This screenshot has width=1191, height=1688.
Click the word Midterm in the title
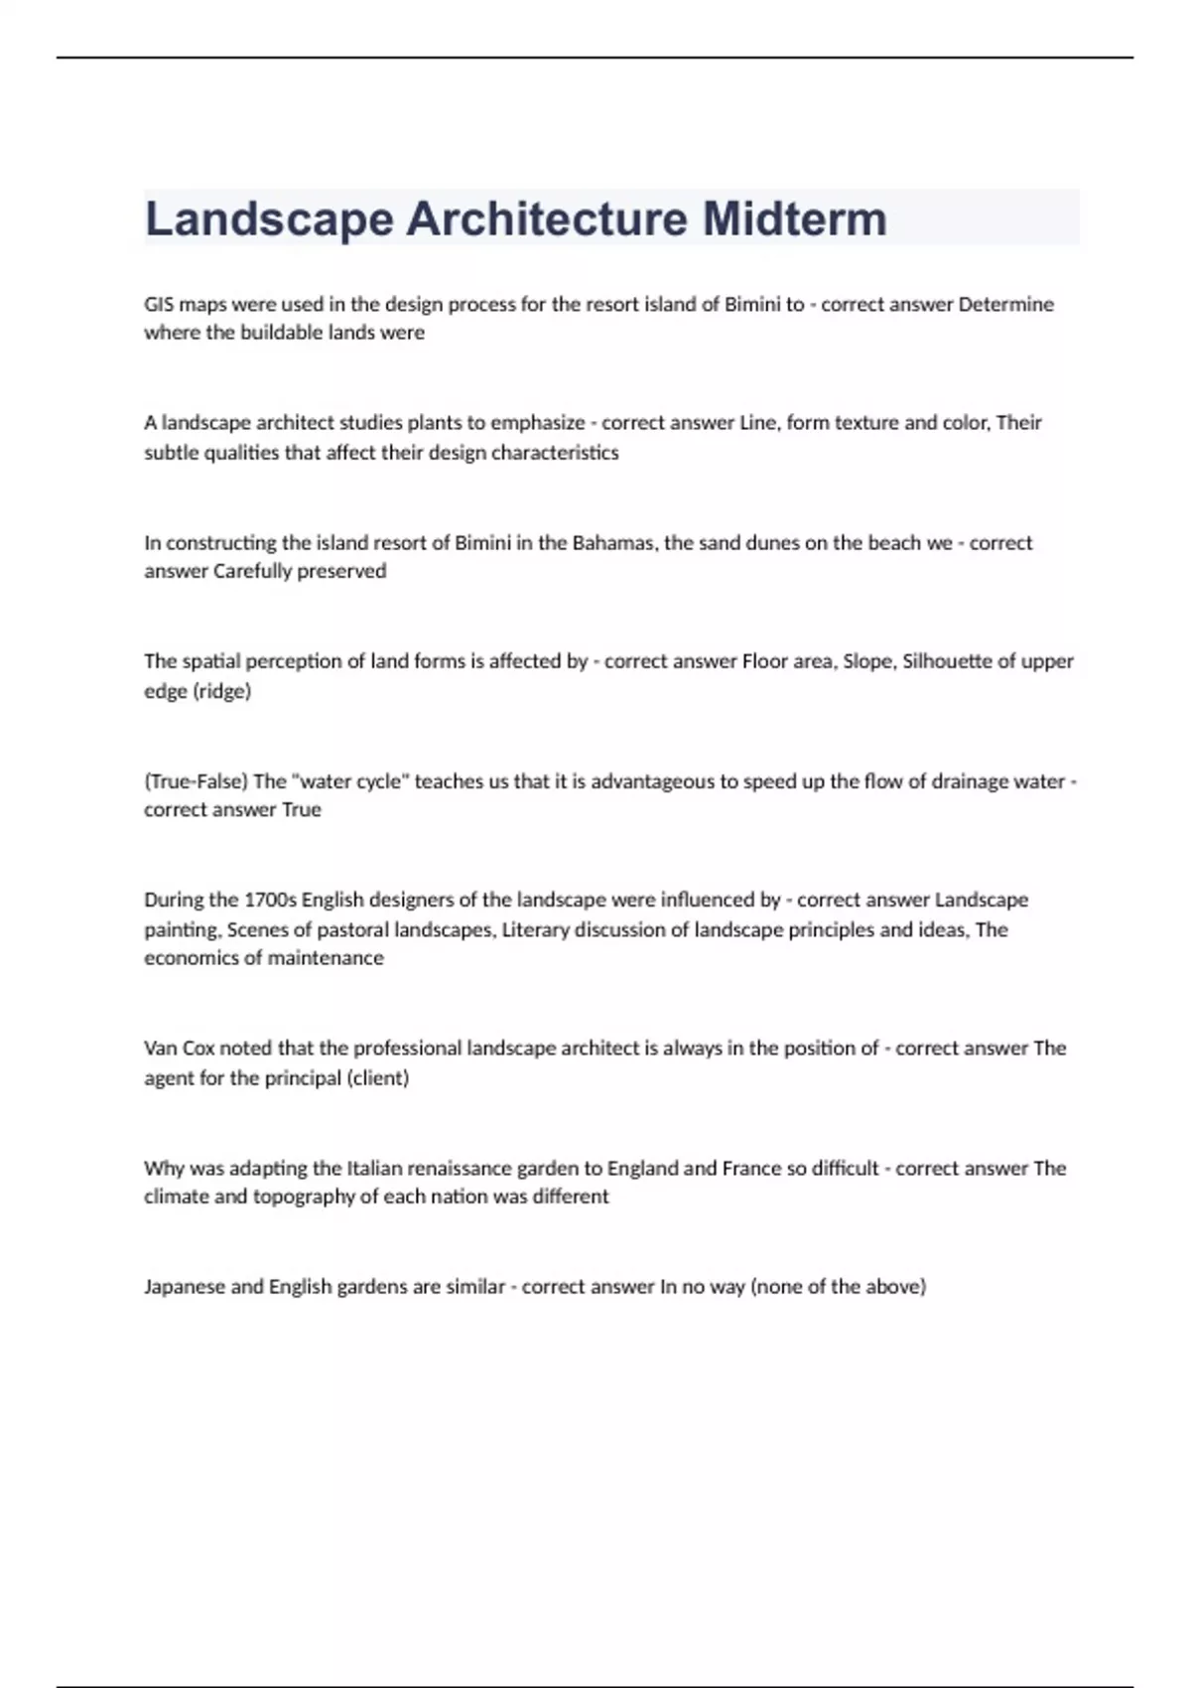tap(795, 218)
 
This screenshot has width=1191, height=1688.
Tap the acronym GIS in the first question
tap(159, 304)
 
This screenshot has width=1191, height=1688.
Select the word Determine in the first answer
tap(1005, 304)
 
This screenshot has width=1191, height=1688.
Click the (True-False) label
tap(196, 781)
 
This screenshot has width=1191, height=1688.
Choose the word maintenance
tap(325, 958)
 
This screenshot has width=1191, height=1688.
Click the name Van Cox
tap(179, 1049)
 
